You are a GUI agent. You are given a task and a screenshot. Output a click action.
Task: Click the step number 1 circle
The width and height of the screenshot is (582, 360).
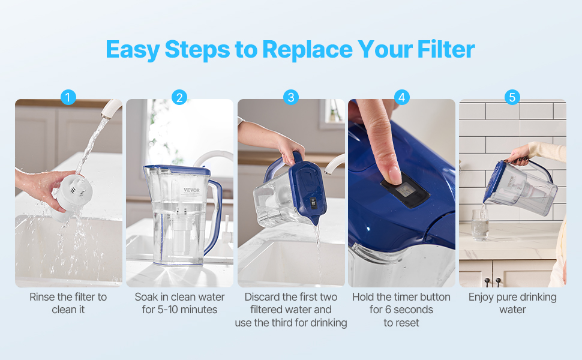pyautogui.click(x=68, y=97)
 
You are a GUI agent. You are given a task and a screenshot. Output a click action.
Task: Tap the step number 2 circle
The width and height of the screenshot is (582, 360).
pyautogui.click(x=179, y=97)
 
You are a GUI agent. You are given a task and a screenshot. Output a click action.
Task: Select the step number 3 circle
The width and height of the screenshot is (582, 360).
pyautogui.click(x=290, y=97)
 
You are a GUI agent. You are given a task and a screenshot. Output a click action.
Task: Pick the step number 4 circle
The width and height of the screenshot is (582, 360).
pyautogui.click(x=401, y=97)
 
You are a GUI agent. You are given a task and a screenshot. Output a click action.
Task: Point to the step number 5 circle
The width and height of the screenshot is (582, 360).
pyautogui.click(x=512, y=97)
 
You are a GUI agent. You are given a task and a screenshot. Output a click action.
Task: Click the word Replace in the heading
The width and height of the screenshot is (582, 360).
pyautogui.click(x=308, y=50)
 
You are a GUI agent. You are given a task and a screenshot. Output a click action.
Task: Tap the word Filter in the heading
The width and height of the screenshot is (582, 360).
pyautogui.click(x=446, y=49)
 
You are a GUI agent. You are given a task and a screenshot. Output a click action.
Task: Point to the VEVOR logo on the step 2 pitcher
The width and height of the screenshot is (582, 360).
pyautogui.click(x=191, y=190)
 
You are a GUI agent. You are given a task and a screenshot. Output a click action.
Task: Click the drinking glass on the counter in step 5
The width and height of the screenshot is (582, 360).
pyautogui.click(x=480, y=224)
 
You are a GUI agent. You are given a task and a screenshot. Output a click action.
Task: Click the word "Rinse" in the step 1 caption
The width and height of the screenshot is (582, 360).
pyautogui.click(x=41, y=297)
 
